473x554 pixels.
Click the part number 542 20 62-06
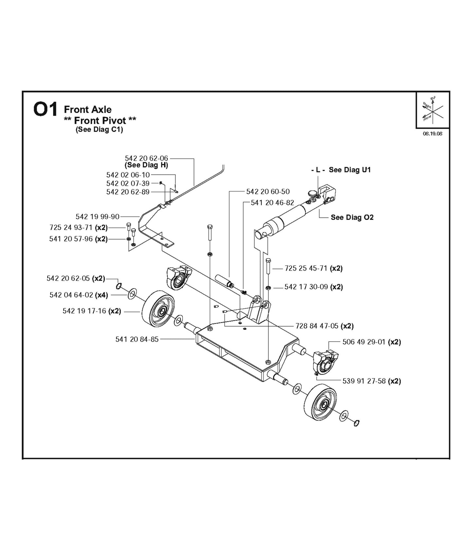(146, 158)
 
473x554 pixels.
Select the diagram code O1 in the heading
(45, 110)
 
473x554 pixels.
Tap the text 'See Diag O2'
(352, 217)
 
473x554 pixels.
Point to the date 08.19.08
(432, 134)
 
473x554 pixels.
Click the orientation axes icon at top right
(433, 110)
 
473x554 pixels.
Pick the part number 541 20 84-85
(137, 339)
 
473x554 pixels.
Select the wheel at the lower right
(320, 402)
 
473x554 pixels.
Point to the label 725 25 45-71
(306, 268)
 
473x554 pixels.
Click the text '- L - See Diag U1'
(341, 170)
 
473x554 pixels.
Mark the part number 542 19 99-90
(98, 217)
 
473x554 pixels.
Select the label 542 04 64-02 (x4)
(79, 295)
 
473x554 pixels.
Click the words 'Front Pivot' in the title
(100, 120)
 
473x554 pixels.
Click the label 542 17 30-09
(306, 287)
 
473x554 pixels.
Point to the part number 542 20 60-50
(268, 191)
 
